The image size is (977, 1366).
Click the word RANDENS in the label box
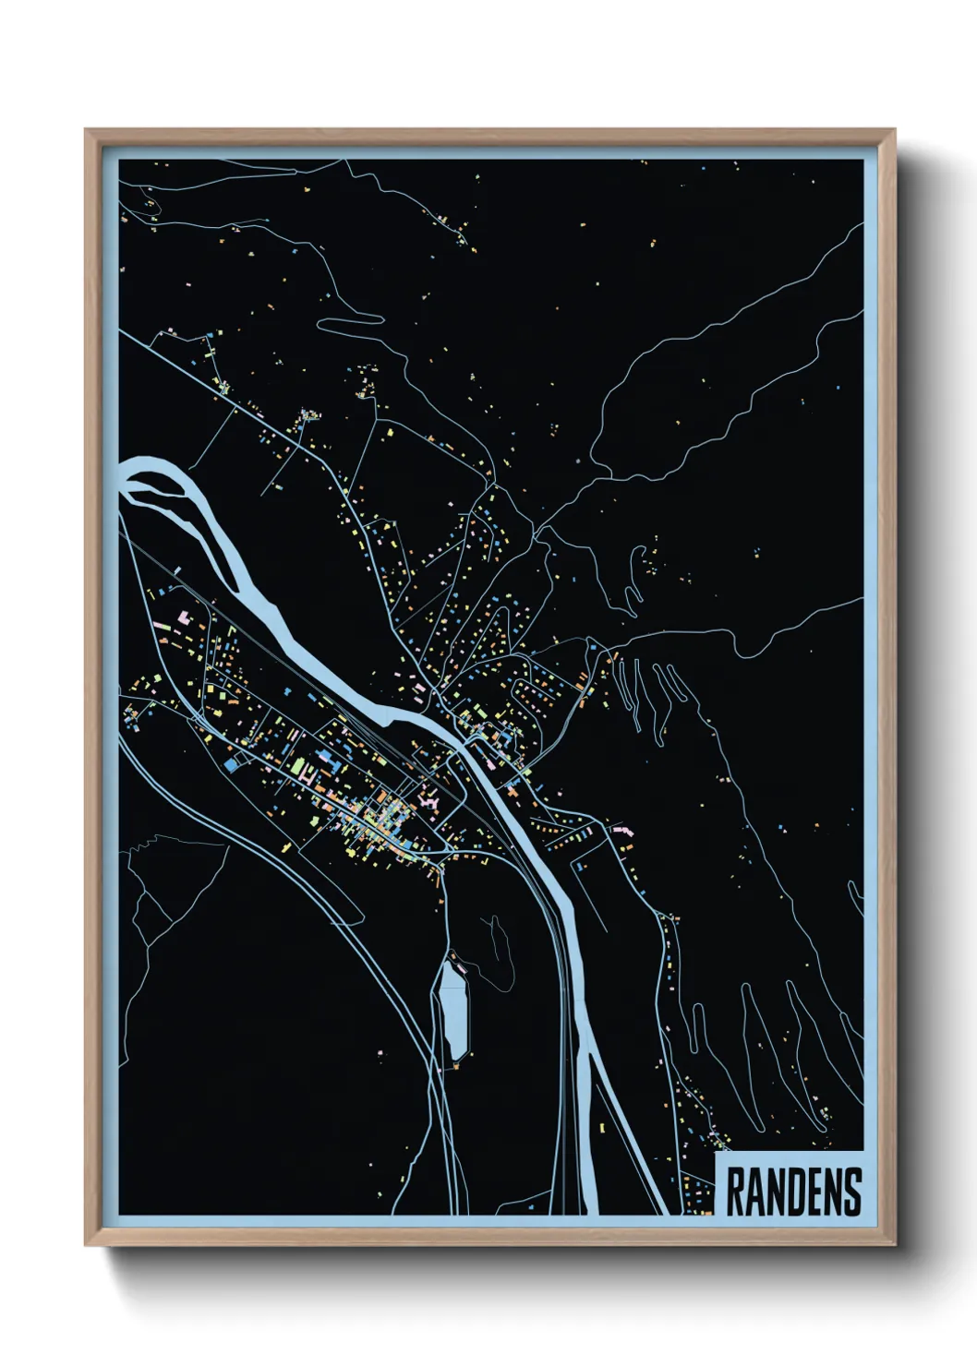(793, 1192)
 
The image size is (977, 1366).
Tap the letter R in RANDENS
(737, 1192)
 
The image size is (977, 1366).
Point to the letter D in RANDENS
(793, 1192)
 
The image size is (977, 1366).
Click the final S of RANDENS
(851, 1192)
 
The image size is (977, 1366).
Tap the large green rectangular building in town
(300, 765)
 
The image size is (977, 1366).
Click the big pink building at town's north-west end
(184, 615)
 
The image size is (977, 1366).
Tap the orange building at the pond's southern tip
(454, 1066)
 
